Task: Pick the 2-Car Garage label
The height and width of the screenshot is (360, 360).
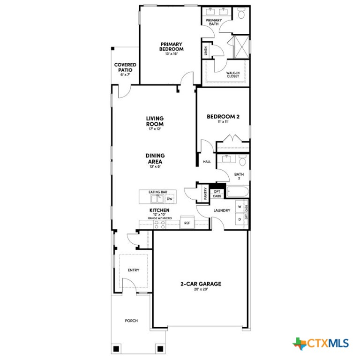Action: click(x=201, y=285)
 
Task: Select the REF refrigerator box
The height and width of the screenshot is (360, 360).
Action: click(x=187, y=223)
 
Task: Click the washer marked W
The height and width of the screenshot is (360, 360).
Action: click(x=239, y=206)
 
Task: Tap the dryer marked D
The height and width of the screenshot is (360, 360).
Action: click(x=239, y=219)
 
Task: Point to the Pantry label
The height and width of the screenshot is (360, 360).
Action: click(x=206, y=193)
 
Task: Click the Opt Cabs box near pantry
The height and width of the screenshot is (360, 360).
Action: click(x=217, y=194)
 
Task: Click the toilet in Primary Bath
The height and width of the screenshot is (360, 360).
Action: click(x=241, y=15)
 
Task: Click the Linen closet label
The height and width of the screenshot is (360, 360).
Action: click(x=206, y=51)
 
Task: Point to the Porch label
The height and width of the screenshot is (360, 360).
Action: click(x=131, y=321)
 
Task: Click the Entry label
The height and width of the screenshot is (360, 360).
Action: click(x=134, y=270)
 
